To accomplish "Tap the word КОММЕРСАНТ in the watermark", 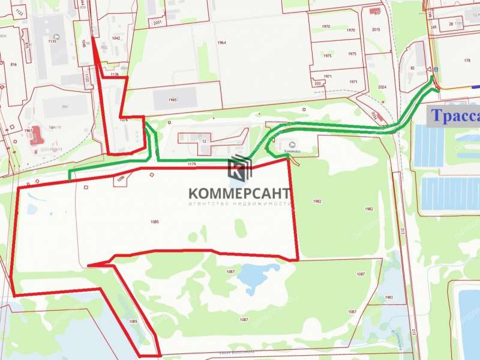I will [x=239, y=193].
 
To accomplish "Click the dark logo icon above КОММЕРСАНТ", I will [x=240, y=170].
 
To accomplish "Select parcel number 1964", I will [x=222, y=43].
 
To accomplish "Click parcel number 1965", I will [x=173, y=100].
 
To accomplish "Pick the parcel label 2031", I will [x=157, y=23].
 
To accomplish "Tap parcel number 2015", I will [x=376, y=29].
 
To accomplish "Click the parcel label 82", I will [x=413, y=68].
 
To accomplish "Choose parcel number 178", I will [x=467, y=61].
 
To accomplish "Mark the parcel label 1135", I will [x=52, y=41].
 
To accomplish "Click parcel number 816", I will [x=13, y=63].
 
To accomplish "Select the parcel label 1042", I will [x=116, y=38].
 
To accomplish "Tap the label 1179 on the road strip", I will [x=192, y=164].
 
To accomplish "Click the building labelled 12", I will [x=204, y=140].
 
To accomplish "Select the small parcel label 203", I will [x=317, y=84].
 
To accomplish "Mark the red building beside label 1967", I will [x=37, y=135].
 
